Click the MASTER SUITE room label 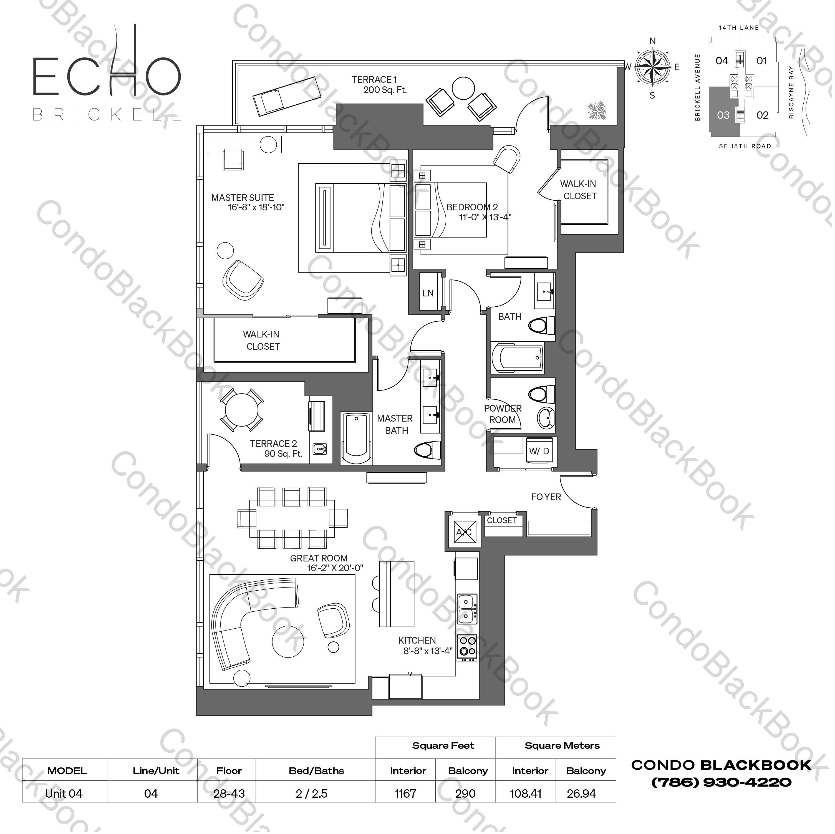click(x=243, y=198)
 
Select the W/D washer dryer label click(x=539, y=451)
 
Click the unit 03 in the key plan click(x=723, y=115)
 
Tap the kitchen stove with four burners click(x=467, y=646)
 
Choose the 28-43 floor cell click(x=229, y=793)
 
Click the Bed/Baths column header click(x=316, y=770)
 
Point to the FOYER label click(x=546, y=497)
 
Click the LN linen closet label click(x=428, y=293)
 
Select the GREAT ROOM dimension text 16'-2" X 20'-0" click(x=335, y=568)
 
